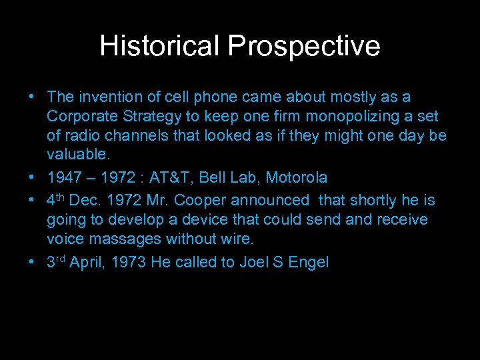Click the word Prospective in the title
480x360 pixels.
(304, 46)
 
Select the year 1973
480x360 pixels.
(129, 262)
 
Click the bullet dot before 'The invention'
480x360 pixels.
(33, 97)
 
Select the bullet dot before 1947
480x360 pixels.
(33, 178)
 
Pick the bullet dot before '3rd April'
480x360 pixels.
(33, 262)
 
